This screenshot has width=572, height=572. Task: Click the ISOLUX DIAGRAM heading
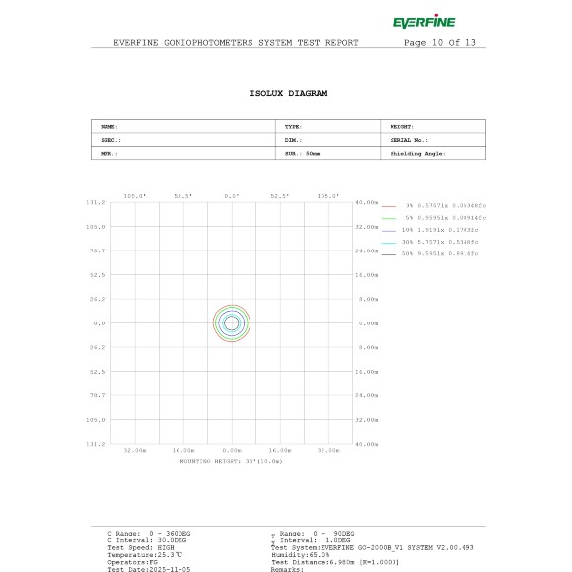pyautogui.click(x=289, y=93)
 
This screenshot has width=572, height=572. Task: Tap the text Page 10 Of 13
pyautogui.click(x=440, y=43)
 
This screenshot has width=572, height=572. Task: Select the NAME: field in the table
pyautogui.click(x=109, y=127)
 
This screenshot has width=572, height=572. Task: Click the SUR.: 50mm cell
pyautogui.click(x=303, y=153)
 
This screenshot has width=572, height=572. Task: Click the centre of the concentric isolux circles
pyautogui.click(x=232, y=322)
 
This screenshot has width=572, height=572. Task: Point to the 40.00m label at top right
pyautogui.click(x=366, y=202)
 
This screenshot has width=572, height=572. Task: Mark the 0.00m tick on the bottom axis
pyautogui.click(x=232, y=451)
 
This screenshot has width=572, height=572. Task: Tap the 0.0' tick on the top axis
pyautogui.click(x=232, y=195)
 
